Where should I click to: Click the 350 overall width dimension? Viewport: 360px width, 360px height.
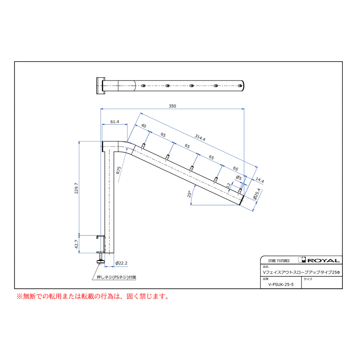click(172, 106)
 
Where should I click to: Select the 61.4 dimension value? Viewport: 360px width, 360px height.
click(114, 122)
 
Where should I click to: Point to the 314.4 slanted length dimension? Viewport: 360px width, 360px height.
click(200, 138)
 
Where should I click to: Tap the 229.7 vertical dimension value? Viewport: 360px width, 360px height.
click(76, 188)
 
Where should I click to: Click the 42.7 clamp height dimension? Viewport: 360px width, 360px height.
click(76, 244)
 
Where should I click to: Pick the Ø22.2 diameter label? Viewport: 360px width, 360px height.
click(121, 263)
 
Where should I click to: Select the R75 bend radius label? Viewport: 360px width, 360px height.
click(118, 170)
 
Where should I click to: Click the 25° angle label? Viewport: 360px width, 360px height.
click(189, 194)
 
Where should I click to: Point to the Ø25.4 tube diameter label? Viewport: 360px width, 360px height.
click(257, 194)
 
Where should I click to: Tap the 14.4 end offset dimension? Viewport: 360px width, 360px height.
click(260, 180)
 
